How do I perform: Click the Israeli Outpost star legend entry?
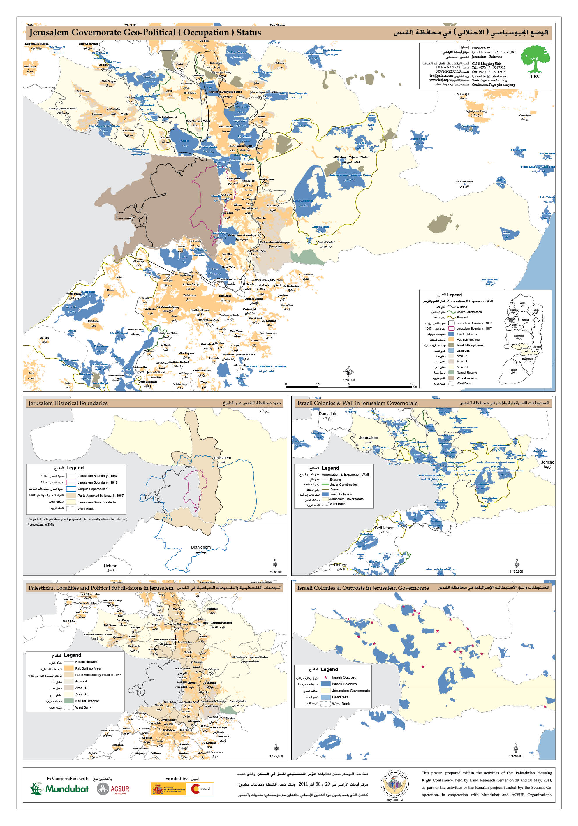coord(343,677)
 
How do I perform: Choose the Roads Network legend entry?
coord(86,662)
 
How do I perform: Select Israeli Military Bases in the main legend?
coord(469,345)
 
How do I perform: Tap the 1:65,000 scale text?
coord(348,380)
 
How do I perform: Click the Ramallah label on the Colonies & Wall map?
coord(327,414)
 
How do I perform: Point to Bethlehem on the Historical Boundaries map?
coord(201,547)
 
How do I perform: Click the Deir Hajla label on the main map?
coord(524,115)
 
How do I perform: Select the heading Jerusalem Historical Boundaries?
coord(68,403)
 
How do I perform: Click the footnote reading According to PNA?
coord(40,524)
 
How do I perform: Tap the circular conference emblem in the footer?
coord(394,788)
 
